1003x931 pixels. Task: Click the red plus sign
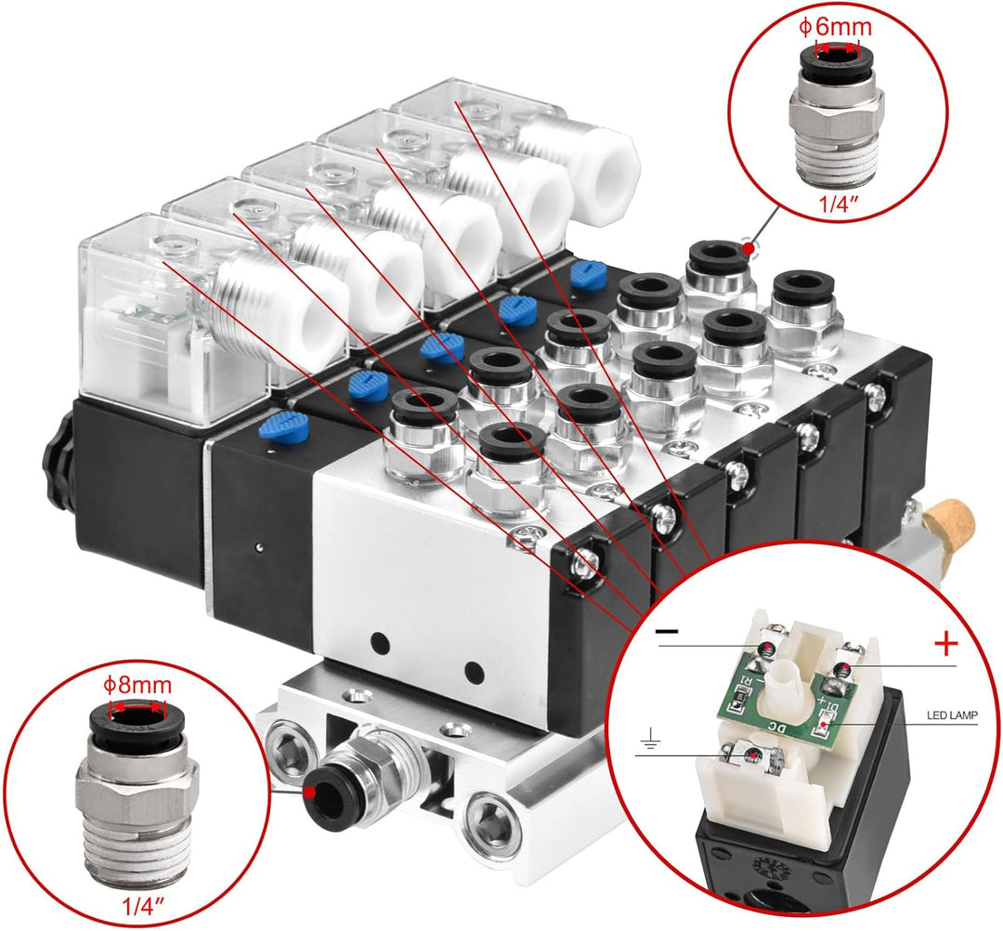point(944,642)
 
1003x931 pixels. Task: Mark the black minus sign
point(667,631)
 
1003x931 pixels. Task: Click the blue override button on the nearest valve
point(283,426)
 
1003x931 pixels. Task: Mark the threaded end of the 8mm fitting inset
point(137,845)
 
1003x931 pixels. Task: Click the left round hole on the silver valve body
point(378,641)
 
